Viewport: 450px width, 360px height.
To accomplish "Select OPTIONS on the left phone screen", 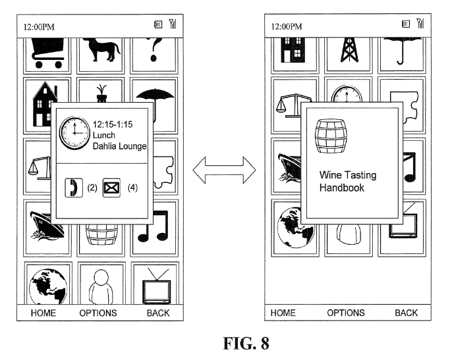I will tap(98, 313).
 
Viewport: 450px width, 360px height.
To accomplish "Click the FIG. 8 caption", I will tap(226, 344).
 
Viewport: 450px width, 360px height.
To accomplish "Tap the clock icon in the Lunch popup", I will tap(74, 134).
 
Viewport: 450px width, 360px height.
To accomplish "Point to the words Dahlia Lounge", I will tap(121, 145).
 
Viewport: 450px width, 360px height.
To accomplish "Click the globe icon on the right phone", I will tap(291, 228).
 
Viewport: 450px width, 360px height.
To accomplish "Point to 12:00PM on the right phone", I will tap(287, 27).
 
